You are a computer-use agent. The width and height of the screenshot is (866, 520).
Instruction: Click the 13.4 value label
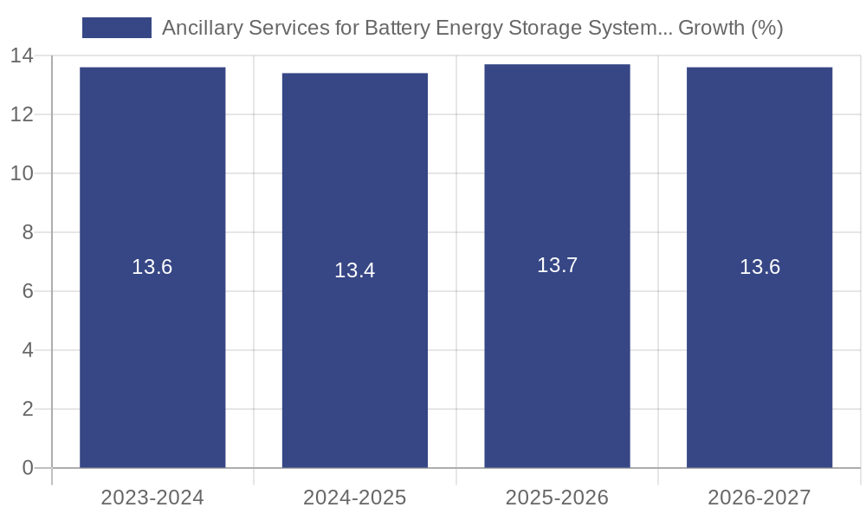tap(355, 270)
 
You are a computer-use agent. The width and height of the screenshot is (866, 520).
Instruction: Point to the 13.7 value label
tap(557, 265)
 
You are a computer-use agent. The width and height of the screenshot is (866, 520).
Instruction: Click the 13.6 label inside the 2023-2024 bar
tap(152, 267)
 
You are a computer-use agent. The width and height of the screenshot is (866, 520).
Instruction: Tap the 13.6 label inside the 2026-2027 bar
tap(759, 267)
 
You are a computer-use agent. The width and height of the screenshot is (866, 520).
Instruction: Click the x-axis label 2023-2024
tap(152, 497)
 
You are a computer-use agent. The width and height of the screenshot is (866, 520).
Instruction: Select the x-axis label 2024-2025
tap(355, 497)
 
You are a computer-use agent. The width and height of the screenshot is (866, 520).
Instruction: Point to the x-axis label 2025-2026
tap(557, 497)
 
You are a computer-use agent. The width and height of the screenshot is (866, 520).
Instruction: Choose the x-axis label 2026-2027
tap(759, 497)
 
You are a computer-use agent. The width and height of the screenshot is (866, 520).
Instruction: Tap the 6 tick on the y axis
tap(28, 291)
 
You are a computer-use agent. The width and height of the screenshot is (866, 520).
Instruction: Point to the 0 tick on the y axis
tap(28, 468)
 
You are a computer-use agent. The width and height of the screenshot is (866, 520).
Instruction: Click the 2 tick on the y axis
tap(28, 409)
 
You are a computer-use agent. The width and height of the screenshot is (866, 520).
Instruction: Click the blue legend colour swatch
tap(117, 28)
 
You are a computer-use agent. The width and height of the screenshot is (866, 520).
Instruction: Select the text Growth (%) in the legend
tap(731, 28)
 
